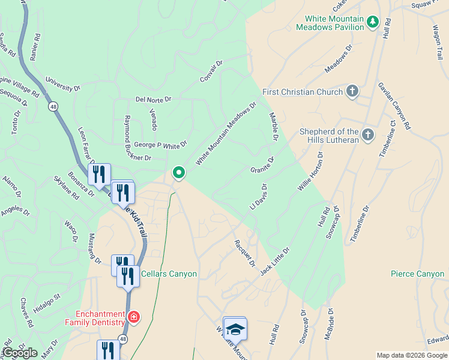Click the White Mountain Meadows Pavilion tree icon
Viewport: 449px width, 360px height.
(373, 22)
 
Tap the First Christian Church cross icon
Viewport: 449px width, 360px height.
(352, 92)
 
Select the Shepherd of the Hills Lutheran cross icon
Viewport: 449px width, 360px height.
(368, 134)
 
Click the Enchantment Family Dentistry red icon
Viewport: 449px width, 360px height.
(133, 316)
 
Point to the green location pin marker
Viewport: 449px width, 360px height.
(178, 173)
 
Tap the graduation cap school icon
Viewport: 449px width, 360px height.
(236, 330)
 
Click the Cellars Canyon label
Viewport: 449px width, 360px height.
(169, 274)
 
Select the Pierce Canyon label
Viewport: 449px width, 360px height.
(417, 274)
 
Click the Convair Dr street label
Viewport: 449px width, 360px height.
(211, 71)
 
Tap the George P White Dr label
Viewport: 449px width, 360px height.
(160, 144)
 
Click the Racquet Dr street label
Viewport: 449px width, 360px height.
(245, 254)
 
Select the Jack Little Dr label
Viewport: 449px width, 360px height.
(275, 261)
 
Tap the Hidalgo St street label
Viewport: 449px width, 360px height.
(47, 301)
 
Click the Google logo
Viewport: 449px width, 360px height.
(19, 353)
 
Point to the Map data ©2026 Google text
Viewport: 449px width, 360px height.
(412, 355)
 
